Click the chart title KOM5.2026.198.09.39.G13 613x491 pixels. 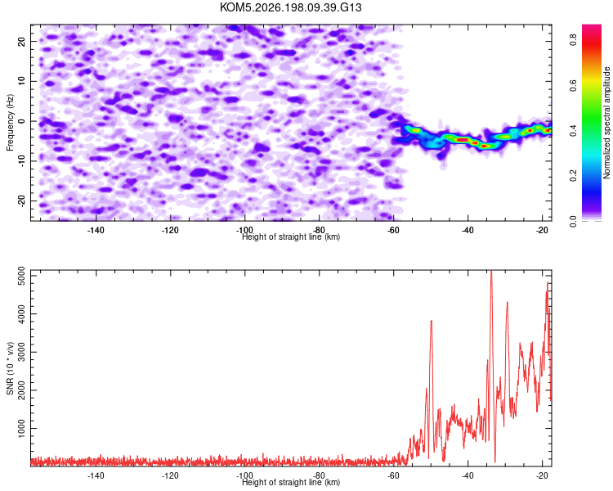[290, 7]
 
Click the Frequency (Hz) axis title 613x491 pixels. [10, 123]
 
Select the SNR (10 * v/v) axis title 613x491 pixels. [10, 368]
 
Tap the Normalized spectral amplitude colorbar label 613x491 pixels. [606, 123]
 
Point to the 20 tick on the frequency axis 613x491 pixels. [22, 41]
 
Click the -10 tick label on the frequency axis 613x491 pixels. [22, 160]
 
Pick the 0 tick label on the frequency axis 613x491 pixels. [22, 121]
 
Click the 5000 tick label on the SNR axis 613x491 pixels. [22, 276]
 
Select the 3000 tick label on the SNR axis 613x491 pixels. [22, 352]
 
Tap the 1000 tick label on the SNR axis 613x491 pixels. [22, 428]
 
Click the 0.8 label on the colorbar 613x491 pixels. [573, 39]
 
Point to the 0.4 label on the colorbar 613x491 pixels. [573, 130]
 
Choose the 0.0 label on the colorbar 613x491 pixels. [573, 221]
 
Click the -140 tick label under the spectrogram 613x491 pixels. [96, 230]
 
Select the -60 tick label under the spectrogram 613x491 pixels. [393, 230]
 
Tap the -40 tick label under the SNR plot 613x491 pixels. [468, 475]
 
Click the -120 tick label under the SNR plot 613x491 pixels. [170, 475]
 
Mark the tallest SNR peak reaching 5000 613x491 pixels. [491, 272]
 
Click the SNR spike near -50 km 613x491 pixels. [432, 321]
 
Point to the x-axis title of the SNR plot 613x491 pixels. [291, 482]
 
